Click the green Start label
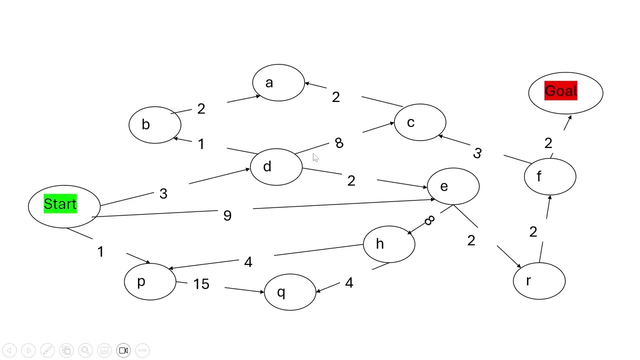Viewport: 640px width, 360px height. (x=60, y=204)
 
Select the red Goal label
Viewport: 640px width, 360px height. (x=560, y=91)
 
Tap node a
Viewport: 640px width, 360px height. (x=278, y=83)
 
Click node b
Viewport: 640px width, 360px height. (x=154, y=125)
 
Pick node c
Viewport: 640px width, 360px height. (x=419, y=123)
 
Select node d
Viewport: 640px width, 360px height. (x=276, y=167)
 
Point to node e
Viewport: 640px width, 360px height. (x=453, y=186)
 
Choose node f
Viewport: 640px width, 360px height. (x=549, y=176)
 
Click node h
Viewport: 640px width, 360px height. (x=388, y=244)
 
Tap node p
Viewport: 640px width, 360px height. (x=149, y=282)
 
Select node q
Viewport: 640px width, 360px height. (x=289, y=292)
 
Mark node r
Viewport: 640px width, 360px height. (x=539, y=281)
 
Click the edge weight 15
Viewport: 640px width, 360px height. (x=201, y=284)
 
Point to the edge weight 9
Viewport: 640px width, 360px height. (x=227, y=215)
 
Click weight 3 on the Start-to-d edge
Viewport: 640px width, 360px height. (x=163, y=194)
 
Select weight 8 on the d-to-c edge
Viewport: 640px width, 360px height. (x=339, y=143)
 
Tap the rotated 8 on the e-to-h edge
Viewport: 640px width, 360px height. (x=429, y=221)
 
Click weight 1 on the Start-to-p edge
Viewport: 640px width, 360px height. (x=100, y=251)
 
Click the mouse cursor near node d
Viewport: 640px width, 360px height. (x=315, y=158)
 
